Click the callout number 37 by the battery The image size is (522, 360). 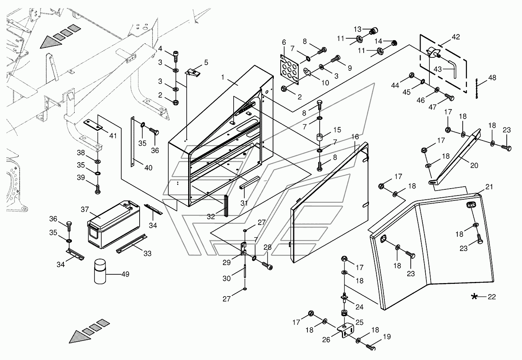point(85,210)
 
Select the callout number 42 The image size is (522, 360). point(455,37)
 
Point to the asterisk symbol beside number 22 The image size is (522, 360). point(474,296)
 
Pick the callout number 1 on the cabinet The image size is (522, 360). point(223,77)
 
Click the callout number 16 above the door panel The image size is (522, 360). point(355,137)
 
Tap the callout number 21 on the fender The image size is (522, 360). point(489,187)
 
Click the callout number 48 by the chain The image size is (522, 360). point(492,78)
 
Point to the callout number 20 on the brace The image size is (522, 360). point(474,166)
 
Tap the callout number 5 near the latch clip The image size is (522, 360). point(206,62)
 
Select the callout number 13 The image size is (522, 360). point(357,29)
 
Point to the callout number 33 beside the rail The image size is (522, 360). point(147,254)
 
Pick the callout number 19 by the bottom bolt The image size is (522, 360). point(387,337)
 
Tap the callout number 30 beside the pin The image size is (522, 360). point(227,279)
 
